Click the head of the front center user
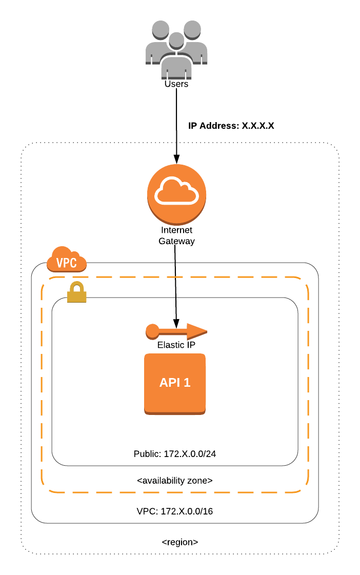click(x=176, y=40)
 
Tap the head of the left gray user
click(x=161, y=29)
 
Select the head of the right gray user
click(x=192, y=29)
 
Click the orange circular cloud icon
click(x=176, y=194)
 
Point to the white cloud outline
click(x=176, y=191)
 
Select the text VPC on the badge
click(x=67, y=263)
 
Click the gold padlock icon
click(x=77, y=292)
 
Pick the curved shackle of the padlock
click(x=77, y=286)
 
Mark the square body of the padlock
click(x=77, y=296)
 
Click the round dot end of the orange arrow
click(x=152, y=331)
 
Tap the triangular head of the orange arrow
click(x=196, y=331)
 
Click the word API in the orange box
click(x=170, y=383)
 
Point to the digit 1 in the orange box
click(x=187, y=383)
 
